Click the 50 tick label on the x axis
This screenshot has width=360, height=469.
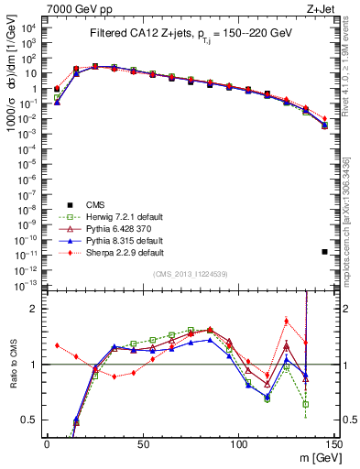[x=142, y=442]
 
